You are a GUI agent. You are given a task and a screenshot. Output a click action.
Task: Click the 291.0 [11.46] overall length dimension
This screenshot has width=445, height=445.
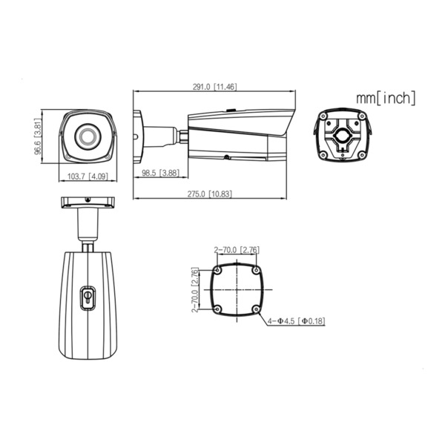(x=214, y=87)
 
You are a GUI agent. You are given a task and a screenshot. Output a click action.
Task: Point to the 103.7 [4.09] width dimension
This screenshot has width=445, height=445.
(x=87, y=177)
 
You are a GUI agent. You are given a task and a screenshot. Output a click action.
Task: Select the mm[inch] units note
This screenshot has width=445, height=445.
(x=386, y=97)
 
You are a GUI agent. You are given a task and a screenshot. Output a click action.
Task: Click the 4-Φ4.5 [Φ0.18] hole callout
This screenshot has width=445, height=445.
(x=297, y=320)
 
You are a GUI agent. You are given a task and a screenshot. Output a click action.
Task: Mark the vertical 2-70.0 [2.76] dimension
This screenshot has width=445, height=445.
(x=195, y=290)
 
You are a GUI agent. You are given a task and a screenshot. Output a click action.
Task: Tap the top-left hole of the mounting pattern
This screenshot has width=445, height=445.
(x=218, y=271)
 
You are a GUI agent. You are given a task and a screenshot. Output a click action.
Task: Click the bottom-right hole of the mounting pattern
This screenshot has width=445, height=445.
(x=254, y=308)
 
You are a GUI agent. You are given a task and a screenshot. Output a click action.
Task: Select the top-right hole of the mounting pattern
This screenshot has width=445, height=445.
(x=254, y=271)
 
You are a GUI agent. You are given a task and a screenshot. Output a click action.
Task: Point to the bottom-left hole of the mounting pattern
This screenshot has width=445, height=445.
(x=218, y=308)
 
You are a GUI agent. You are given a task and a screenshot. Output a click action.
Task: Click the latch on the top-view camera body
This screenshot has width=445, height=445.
(x=88, y=296)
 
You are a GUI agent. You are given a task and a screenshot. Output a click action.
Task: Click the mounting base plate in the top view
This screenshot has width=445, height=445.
(x=88, y=201)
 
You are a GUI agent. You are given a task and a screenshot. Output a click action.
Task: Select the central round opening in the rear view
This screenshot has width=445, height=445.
(x=342, y=135)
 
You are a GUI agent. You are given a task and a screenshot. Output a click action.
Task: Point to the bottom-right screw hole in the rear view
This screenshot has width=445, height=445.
(x=361, y=154)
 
